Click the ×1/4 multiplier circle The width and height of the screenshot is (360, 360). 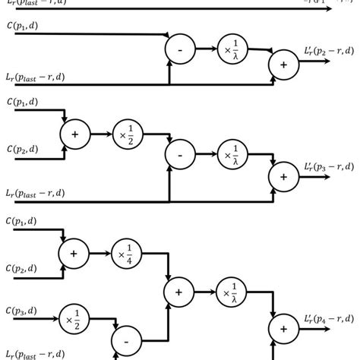tap(123, 252)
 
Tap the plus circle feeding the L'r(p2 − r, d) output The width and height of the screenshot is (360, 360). tap(283, 65)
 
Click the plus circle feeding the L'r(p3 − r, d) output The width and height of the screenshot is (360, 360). tap(283, 177)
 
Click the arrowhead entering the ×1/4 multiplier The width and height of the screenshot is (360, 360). tap(106, 252)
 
